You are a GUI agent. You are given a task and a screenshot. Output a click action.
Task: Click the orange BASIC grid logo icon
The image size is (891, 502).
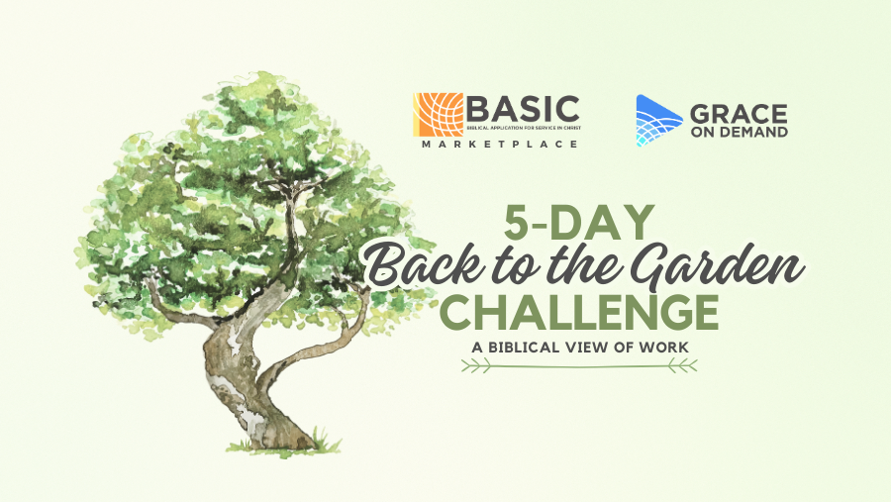[x=439, y=115]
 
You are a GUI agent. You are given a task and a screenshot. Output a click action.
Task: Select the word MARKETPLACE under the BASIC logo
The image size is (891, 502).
[x=500, y=145]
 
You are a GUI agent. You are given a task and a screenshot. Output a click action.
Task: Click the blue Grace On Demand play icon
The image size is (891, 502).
[x=658, y=121]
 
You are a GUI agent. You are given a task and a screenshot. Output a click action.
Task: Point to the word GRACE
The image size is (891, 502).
[x=739, y=114]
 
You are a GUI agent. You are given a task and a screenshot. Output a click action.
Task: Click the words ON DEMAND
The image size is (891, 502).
[x=739, y=132]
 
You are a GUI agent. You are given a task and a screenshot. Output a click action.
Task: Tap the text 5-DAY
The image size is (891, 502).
[x=579, y=223]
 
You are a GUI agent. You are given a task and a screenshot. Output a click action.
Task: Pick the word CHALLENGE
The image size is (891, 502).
[x=579, y=312]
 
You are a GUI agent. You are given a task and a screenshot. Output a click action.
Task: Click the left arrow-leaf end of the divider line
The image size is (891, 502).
[x=475, y=366]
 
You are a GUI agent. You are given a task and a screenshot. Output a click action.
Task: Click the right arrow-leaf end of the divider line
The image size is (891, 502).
[x=682, y=366]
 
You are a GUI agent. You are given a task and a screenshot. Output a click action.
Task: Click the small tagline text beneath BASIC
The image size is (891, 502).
[x=524, y=128]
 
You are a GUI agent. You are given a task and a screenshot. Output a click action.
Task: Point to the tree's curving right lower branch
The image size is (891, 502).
[x=318, y=348]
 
